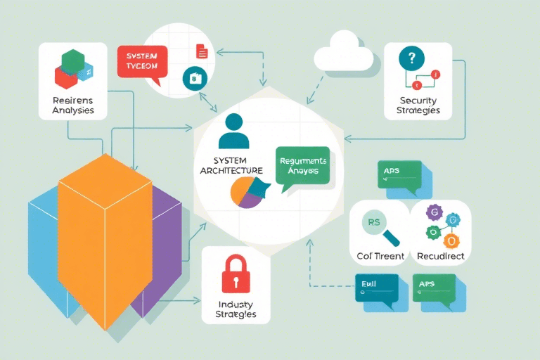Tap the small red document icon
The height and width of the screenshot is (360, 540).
point(202,51)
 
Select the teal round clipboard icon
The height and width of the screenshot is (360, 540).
point(192,78)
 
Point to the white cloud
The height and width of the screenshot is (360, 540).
point(344,53)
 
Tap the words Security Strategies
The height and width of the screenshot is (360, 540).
point(418,105)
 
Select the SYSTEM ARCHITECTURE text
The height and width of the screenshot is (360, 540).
point(231,165)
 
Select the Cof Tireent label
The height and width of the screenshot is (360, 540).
point(380,256)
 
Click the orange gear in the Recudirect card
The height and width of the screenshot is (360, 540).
point(452,242)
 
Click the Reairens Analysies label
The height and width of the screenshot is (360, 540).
point(72,105)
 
